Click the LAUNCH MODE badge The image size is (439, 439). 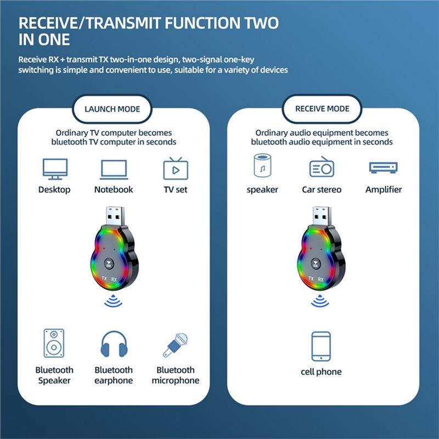click(112, 109)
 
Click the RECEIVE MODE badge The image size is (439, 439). click(322, 109)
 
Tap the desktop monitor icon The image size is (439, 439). click(55, 169)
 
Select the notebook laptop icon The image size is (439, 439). click(114, 170)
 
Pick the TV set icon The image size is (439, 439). click(176, 168)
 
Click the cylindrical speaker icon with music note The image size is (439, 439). click(262, 166)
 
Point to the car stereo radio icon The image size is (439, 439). click(322, 167)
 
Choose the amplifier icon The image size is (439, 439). click(383, 168)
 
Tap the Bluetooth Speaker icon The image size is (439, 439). click(54, 344)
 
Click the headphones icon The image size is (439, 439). click(114, 344)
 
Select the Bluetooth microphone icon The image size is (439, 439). click(175, 345)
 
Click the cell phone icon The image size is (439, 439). click(321, 346)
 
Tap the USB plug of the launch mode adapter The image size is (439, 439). click(115, 216)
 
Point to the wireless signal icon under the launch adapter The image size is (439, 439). click(114, 301)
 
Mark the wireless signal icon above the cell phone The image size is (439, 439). click(320, 301)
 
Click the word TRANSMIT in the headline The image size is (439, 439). click(123, 23)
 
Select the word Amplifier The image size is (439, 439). click(384, 189)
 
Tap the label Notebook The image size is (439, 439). click(114, 189)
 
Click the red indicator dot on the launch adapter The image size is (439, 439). click(104, 249)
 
